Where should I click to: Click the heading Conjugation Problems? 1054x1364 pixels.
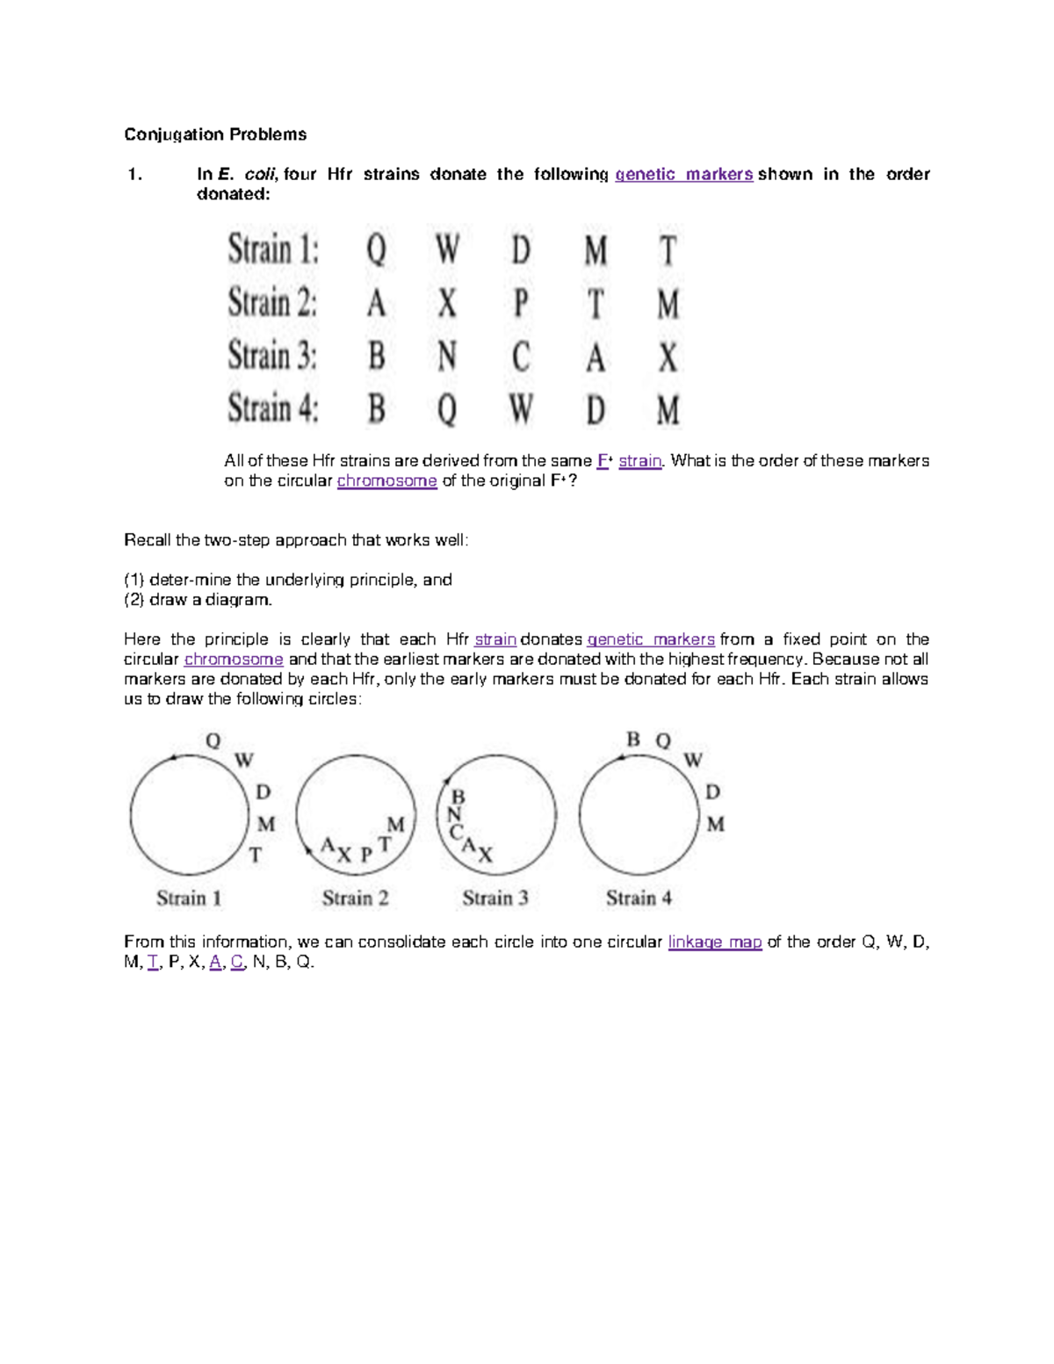215,134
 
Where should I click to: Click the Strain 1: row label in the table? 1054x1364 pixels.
273,249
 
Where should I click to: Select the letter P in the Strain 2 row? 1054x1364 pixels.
521,304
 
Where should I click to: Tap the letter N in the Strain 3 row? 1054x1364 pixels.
447,357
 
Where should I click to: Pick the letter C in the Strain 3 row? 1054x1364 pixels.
521,357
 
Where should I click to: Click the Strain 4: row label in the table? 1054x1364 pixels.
273,409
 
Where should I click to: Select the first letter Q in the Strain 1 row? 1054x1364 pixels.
376,250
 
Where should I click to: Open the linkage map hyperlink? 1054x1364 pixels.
714,942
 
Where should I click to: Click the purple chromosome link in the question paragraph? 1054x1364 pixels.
386,480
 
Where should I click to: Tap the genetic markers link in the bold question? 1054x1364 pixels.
683,174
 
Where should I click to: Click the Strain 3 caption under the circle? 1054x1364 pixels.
495,898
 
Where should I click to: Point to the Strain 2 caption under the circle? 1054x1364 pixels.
355,898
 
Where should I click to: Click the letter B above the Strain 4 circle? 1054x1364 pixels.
633,740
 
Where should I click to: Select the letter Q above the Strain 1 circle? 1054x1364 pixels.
213,741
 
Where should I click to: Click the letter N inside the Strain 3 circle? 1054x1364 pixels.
453,814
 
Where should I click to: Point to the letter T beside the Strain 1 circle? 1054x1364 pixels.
256,855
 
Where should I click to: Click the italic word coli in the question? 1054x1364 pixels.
258,174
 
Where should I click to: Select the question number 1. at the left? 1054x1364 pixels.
134,174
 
